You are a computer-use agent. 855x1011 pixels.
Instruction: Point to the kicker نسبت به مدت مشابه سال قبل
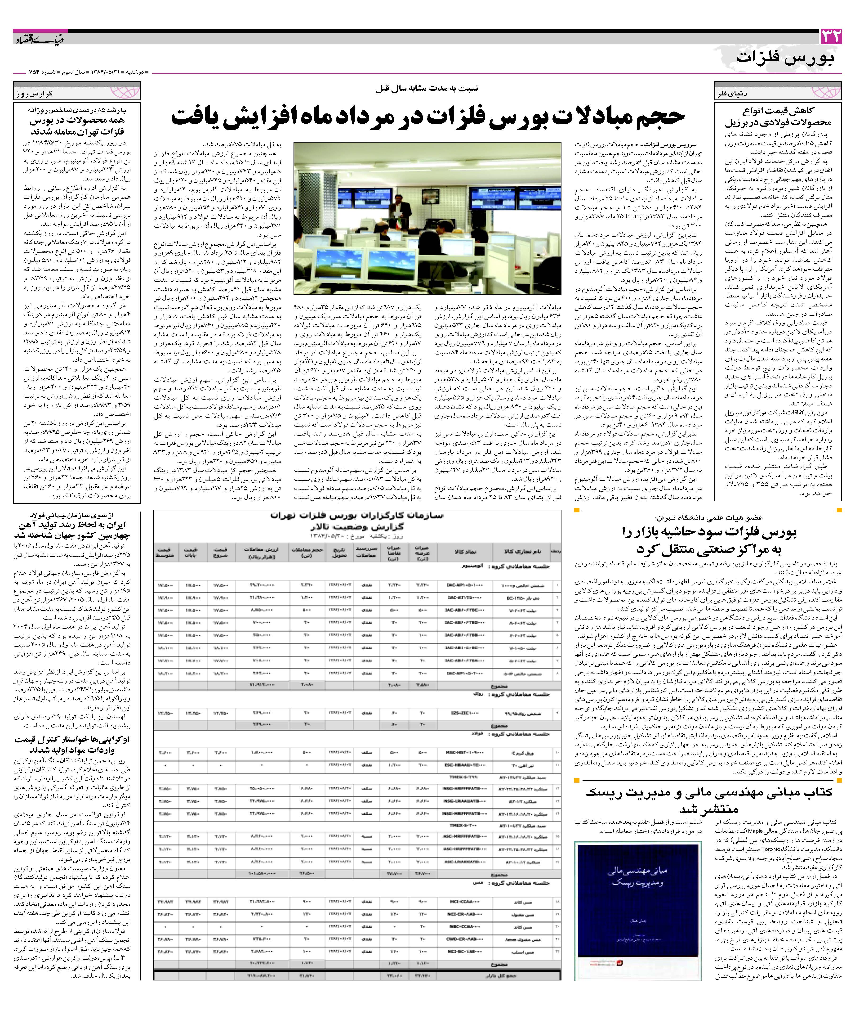pos(427,89)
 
